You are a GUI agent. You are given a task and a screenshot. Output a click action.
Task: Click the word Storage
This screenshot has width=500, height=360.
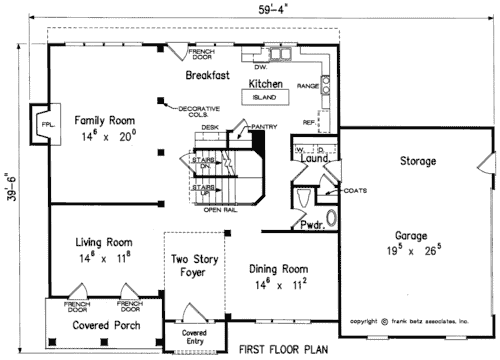[417, 161]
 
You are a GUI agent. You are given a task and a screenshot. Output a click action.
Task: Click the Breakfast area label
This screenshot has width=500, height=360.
[208, 76]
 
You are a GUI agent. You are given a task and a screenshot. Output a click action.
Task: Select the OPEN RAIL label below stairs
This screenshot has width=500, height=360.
[219, 210]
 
